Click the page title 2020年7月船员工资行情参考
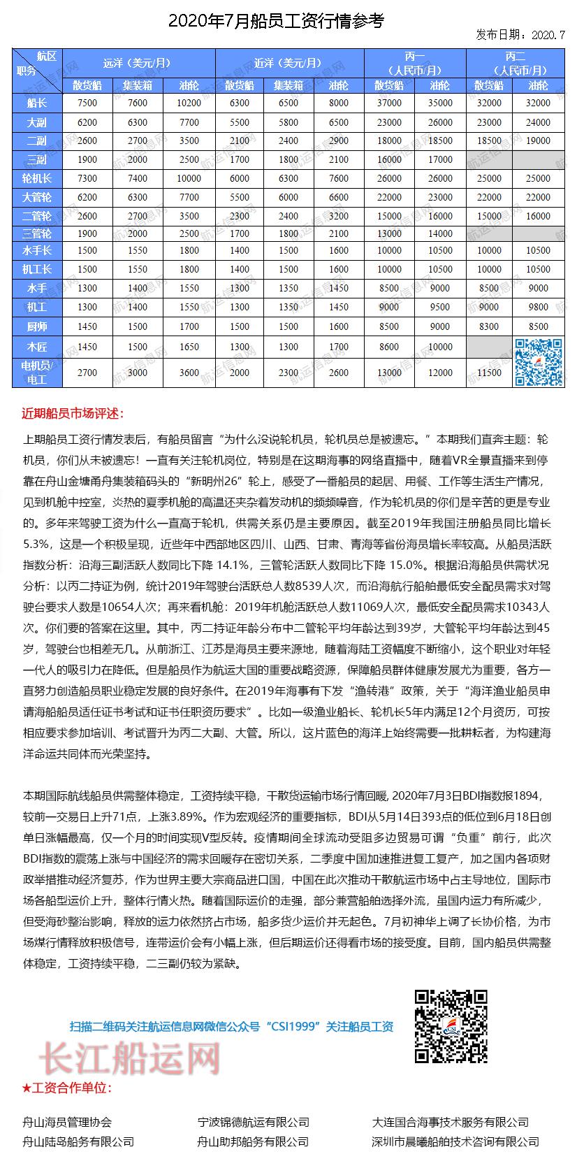[x=276, y=21]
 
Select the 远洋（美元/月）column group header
[x=138, y=63]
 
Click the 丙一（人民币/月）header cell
[x=415, y=63]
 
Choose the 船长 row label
[x=37, y=103]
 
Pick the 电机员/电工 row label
[x=37, y=373]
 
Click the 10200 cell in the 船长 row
[x=189, y=103]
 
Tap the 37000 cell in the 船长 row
[x=388, y=103]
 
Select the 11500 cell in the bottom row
[x=489, y=373]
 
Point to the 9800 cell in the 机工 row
[x=539, y=307]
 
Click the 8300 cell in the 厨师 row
[x=489, y=326]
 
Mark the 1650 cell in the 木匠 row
[x=189, y=347]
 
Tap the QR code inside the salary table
[x=539, y=362]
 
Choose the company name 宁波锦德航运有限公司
[x=253, y=1122]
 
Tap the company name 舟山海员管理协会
[x=67, y=1122]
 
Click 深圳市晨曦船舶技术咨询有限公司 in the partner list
[x=455, y=1141]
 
